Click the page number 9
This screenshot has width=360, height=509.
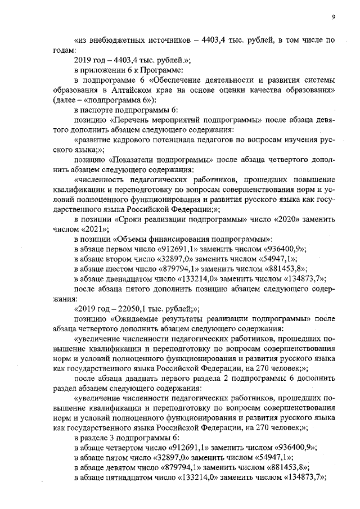click(x=333, y=17)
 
